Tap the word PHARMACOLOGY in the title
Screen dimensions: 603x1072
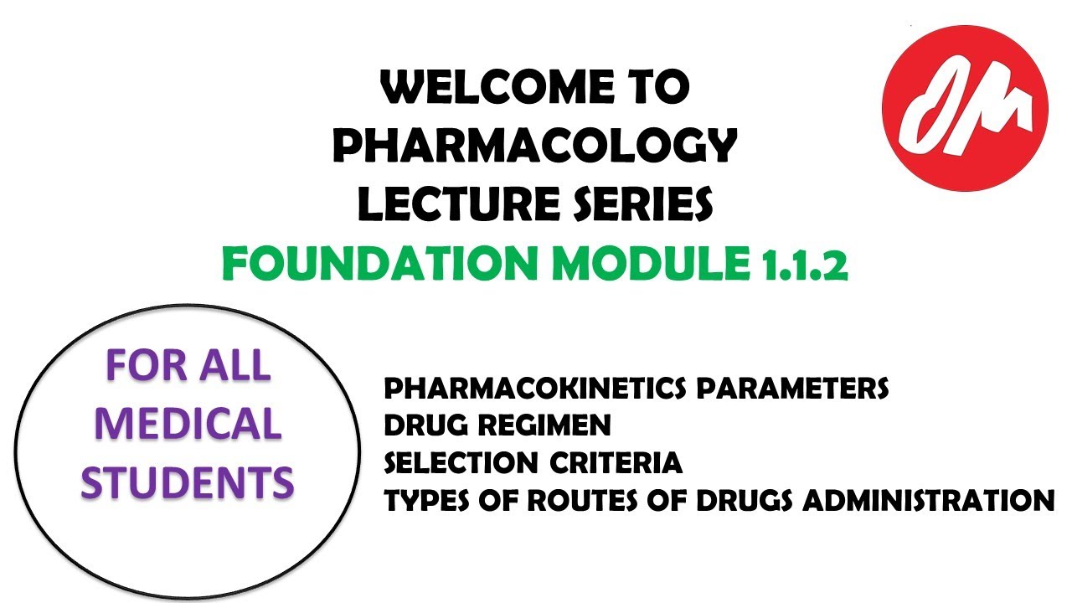click(535, 147)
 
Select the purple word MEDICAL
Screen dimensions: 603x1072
click(188, 424)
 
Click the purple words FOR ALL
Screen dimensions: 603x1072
click(188, 366)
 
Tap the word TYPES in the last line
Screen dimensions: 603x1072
click(425, 500)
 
